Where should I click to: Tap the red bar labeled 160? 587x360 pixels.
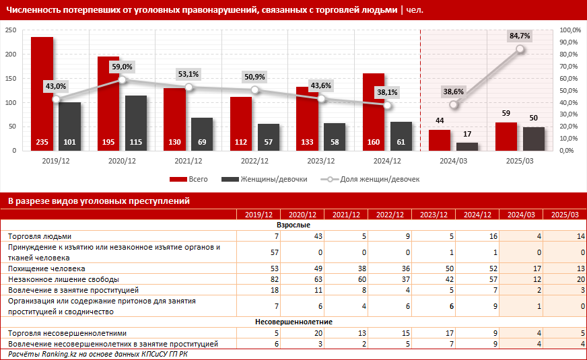374,111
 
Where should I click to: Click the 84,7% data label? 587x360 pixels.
520,36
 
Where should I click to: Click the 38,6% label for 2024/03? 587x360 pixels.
454,92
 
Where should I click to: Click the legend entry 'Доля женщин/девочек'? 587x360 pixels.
378,180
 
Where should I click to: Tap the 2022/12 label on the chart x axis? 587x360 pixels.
254,161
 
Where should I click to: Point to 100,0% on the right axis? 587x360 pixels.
569,30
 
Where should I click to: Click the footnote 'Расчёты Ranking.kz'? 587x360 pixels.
98,354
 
